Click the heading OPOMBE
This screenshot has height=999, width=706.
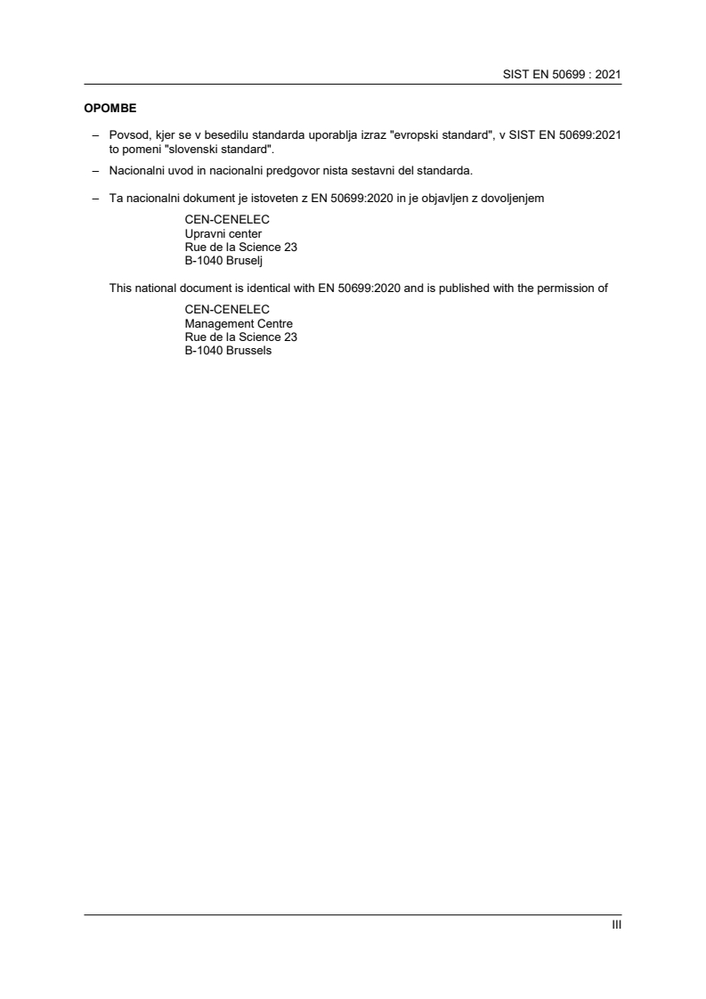[110, 110]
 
